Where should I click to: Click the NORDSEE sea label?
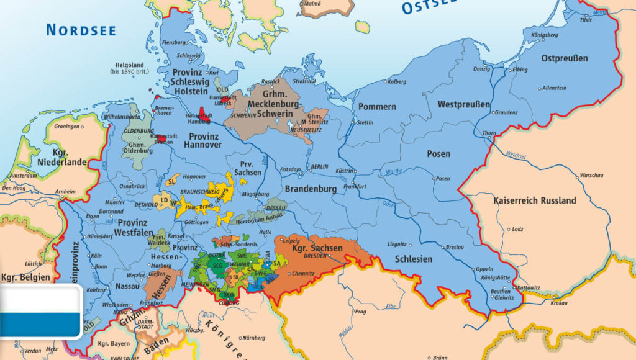(x=81, y=29)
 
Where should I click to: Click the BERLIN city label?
(x=319, y=168)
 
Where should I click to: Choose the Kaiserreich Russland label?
(x=534, y=200)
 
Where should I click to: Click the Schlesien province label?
(x=413, y=259)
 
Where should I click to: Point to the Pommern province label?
(x=377, y=107)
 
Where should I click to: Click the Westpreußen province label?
(x=463, y=104)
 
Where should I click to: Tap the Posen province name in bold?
(x=438, y=153)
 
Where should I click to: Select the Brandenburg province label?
(x=311, y=189)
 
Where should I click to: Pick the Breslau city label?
(x=455, y=247)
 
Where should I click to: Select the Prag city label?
(x=360, y=312)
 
